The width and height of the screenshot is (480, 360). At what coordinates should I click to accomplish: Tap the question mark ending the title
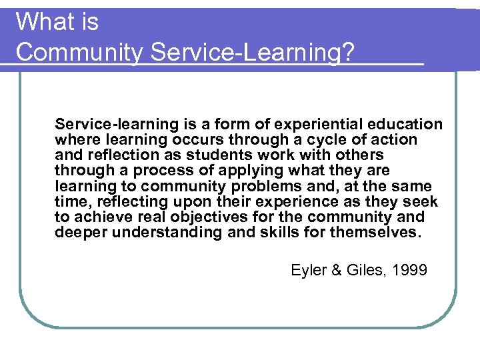tap(347, 52)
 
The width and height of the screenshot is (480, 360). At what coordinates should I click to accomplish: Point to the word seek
tap(423, 201)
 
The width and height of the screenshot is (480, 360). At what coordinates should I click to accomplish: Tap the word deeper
tap(79, 232)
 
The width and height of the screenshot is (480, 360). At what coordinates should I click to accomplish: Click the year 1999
tap(409, 270)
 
